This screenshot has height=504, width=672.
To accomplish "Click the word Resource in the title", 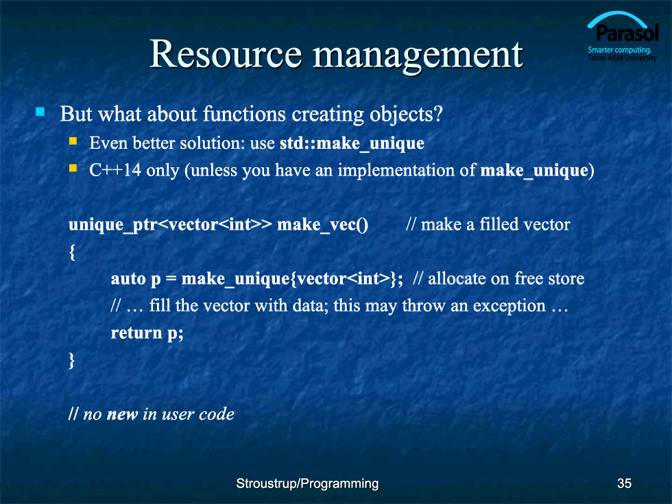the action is (x=226, y=54).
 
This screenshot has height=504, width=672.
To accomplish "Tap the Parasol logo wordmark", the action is (x=627, y=33).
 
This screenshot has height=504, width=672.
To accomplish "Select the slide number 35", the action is (x=625, y=483).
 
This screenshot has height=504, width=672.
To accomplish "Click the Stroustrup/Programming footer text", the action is (x=307, y=484).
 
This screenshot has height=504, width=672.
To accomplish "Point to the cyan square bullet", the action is (x=40, y=112).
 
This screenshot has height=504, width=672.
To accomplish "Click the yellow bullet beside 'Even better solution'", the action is (x=73, y=141).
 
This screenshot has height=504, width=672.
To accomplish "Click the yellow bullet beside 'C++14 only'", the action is (x=73, y=168).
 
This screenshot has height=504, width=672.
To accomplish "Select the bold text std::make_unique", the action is (x=352, y=143).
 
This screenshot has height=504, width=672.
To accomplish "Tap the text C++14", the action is (x=115, y=170).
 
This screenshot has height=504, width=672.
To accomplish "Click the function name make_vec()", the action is (x=323, y=225).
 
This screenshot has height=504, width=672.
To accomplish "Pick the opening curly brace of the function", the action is (x=72, y=252).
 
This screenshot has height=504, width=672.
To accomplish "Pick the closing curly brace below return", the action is (x=71, y=360).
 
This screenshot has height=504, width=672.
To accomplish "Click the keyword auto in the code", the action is (x=128, y=279).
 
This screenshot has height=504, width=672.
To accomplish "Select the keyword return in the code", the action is (x=136, y=333).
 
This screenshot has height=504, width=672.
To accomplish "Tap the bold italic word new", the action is (x=122, y=414).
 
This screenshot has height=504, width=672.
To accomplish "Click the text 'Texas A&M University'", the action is (x=623, y=58).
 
